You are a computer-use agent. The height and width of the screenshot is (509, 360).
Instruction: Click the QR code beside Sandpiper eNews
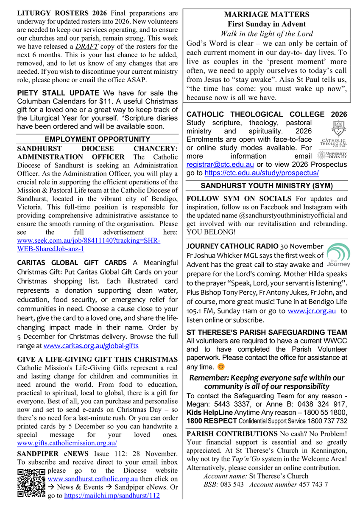(x=31, y=483)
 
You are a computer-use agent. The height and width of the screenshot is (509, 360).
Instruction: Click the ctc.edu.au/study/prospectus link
(x=261, y=173)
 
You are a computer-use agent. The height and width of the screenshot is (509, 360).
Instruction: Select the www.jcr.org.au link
(x=312, y=311)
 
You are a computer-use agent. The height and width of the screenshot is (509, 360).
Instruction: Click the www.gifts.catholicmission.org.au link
(x=67, y=444)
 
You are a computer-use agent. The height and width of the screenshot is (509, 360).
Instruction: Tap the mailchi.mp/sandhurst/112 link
(x=112, y=495)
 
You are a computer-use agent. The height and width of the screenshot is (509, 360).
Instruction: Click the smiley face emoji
(x=220, y=366)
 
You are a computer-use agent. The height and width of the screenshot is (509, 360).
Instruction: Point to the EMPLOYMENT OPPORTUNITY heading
(x=98, y=139)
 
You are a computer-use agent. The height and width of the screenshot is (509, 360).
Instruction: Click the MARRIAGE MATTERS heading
(x=267, y=15)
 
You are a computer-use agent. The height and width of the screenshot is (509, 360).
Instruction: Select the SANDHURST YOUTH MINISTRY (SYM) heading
(x=267, y=186)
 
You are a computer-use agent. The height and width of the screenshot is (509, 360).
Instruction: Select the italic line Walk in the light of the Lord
(x=267, y=34)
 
